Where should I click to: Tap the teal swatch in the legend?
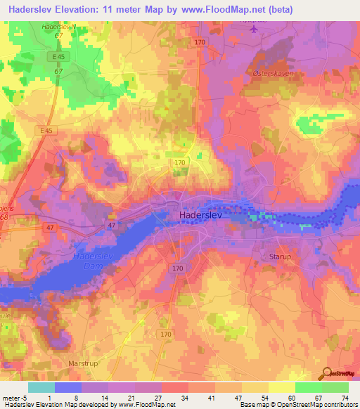(x=41, y=387)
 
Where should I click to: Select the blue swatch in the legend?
(x=68, y=387)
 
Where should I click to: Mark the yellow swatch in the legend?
(x=281, y=387)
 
